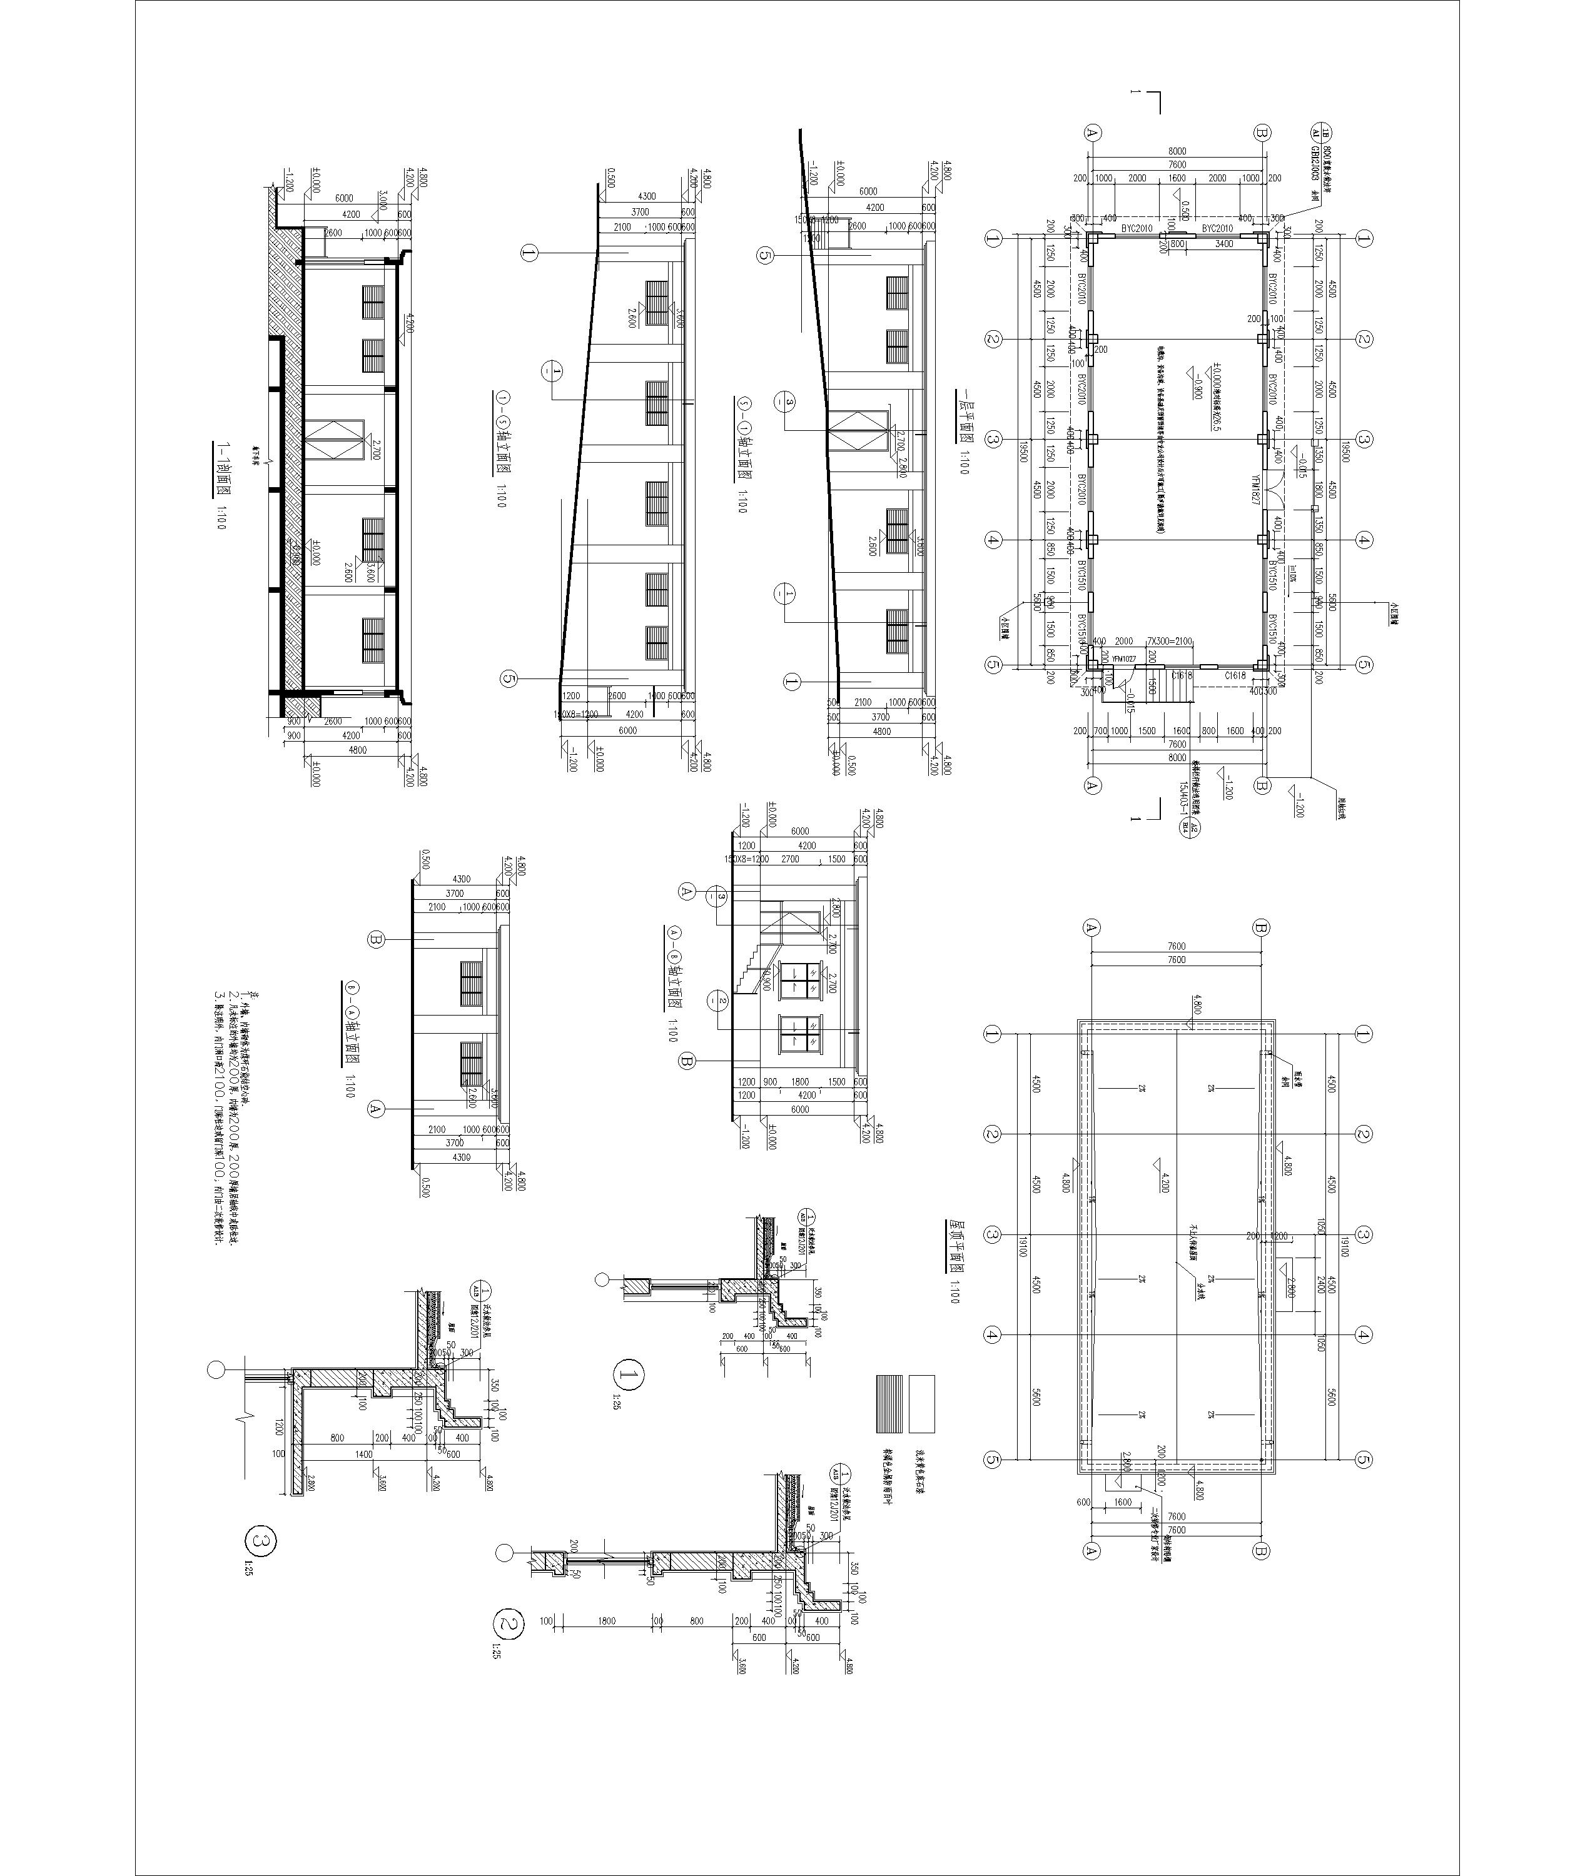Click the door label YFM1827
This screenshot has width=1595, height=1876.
(1256, 491)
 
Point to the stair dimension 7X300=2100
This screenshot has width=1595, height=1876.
(1168, 641)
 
